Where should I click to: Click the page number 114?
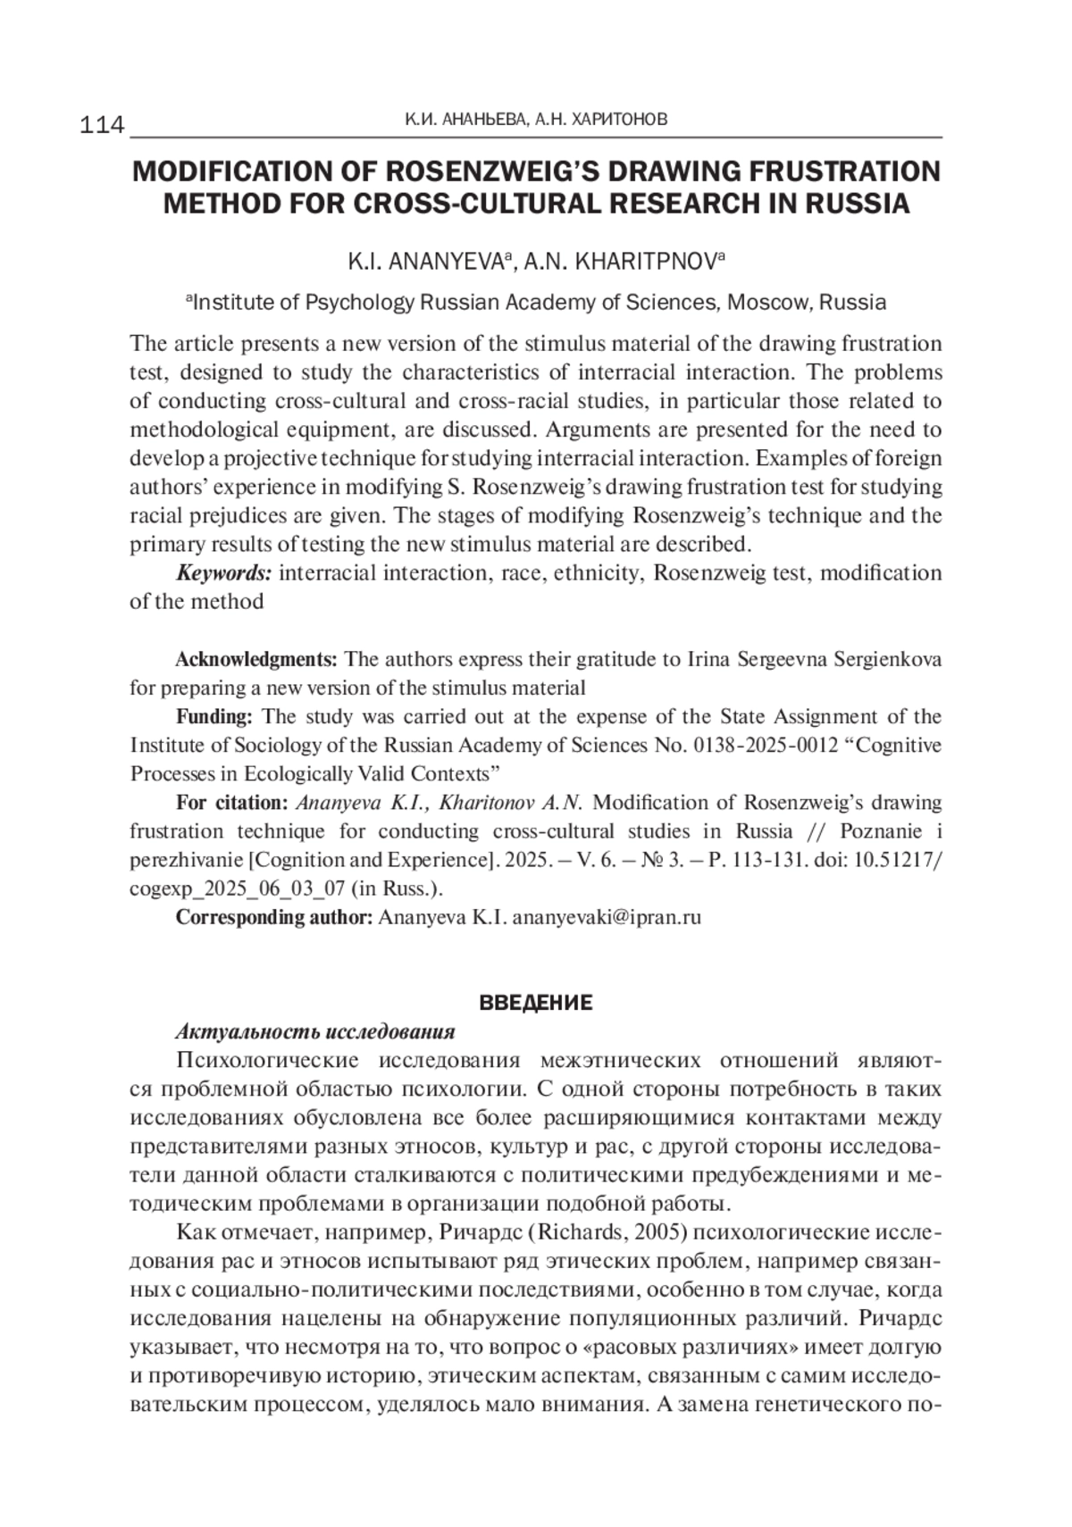tap(103, 125)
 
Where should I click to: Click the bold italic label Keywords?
tap(223, 572)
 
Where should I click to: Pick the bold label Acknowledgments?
tap(256, 659)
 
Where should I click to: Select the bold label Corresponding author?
tap(273, 917)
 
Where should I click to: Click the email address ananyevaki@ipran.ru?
tap(607, 917)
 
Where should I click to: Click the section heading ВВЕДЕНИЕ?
tap(535, 1003)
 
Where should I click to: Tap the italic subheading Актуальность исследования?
tap(315, 1031)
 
